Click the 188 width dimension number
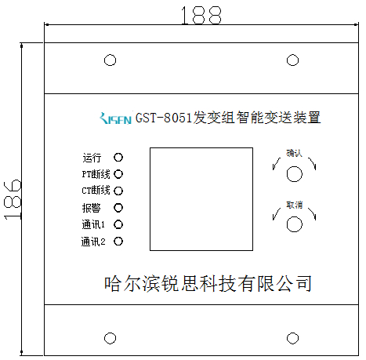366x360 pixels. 201,16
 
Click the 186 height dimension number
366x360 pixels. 13,199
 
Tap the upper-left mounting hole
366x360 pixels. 110,60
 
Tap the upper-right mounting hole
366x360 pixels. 292,60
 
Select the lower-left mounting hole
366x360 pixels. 110,338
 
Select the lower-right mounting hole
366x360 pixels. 292,338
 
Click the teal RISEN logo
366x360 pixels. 116,118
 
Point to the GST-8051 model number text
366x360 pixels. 164,118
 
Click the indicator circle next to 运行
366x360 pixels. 118,158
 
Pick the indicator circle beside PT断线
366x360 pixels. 118,174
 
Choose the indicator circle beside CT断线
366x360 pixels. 118,191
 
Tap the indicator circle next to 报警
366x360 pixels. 118,208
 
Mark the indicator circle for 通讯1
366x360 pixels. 118,224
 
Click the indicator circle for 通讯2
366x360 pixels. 118,242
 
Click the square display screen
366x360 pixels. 201,199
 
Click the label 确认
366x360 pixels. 294,153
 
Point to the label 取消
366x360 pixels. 294,205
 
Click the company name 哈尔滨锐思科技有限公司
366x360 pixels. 208,284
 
